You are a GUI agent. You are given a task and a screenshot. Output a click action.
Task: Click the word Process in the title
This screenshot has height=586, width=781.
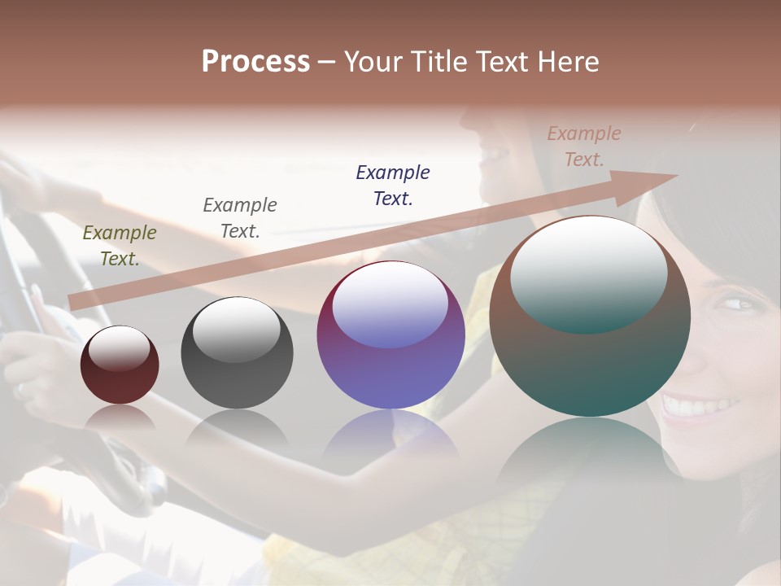pyautogui.click(x=255, y=62)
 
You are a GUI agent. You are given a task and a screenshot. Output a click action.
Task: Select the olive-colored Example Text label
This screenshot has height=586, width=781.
pyautogui.click(x=119, y=246)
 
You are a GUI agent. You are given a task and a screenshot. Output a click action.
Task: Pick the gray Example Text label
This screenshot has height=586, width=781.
pyautogui.click(x=240, y=218)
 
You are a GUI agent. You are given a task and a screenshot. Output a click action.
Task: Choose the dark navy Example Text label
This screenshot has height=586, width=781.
pyautogui.click(x=393, y=185)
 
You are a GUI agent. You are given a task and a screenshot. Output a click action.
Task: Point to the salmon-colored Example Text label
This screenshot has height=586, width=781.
pyautogui.click(x=584, y=146)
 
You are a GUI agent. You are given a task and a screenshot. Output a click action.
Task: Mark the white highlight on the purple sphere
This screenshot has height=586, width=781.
pyautogui.click(x=390, y=303)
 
